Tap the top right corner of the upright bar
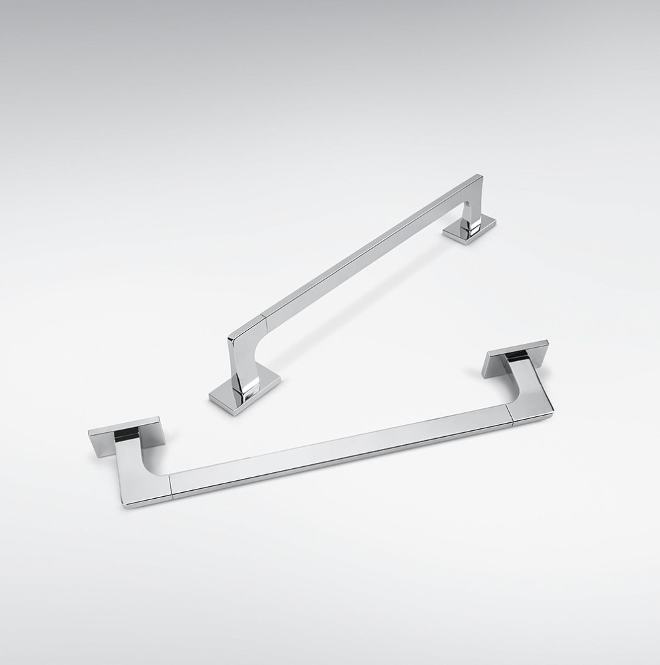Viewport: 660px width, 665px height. (478, 178)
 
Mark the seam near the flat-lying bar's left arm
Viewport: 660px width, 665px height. (172, 487)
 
